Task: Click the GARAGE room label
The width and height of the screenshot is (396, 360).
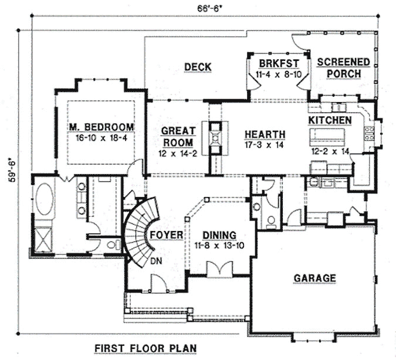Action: pos(316,278)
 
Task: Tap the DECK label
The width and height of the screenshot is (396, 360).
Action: pos(197,66)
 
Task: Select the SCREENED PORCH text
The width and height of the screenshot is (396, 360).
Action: pos(343,67)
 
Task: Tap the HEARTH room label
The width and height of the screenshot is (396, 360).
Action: pos(265,134)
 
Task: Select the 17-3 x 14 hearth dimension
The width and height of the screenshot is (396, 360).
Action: pos(265,144)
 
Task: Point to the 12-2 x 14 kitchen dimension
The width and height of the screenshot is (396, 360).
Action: pos(330,151)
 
